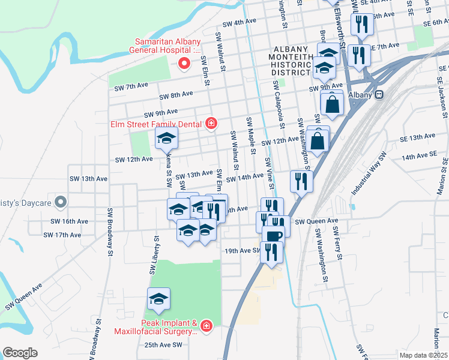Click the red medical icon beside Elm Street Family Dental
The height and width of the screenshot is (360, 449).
click(211, 124)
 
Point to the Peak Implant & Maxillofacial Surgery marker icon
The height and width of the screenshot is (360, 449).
click(206, 326)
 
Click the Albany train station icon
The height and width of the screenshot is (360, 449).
click(379, 95)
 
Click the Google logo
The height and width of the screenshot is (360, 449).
click(20, 353)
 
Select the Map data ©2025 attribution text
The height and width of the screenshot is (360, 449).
click(424, 355)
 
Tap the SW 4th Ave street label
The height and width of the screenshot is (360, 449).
click(239, 22)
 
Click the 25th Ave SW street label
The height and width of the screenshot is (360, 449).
click(163, 345)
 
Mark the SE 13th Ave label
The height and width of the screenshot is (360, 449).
click(418, 137)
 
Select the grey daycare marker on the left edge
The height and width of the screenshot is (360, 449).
click(60, 203)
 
